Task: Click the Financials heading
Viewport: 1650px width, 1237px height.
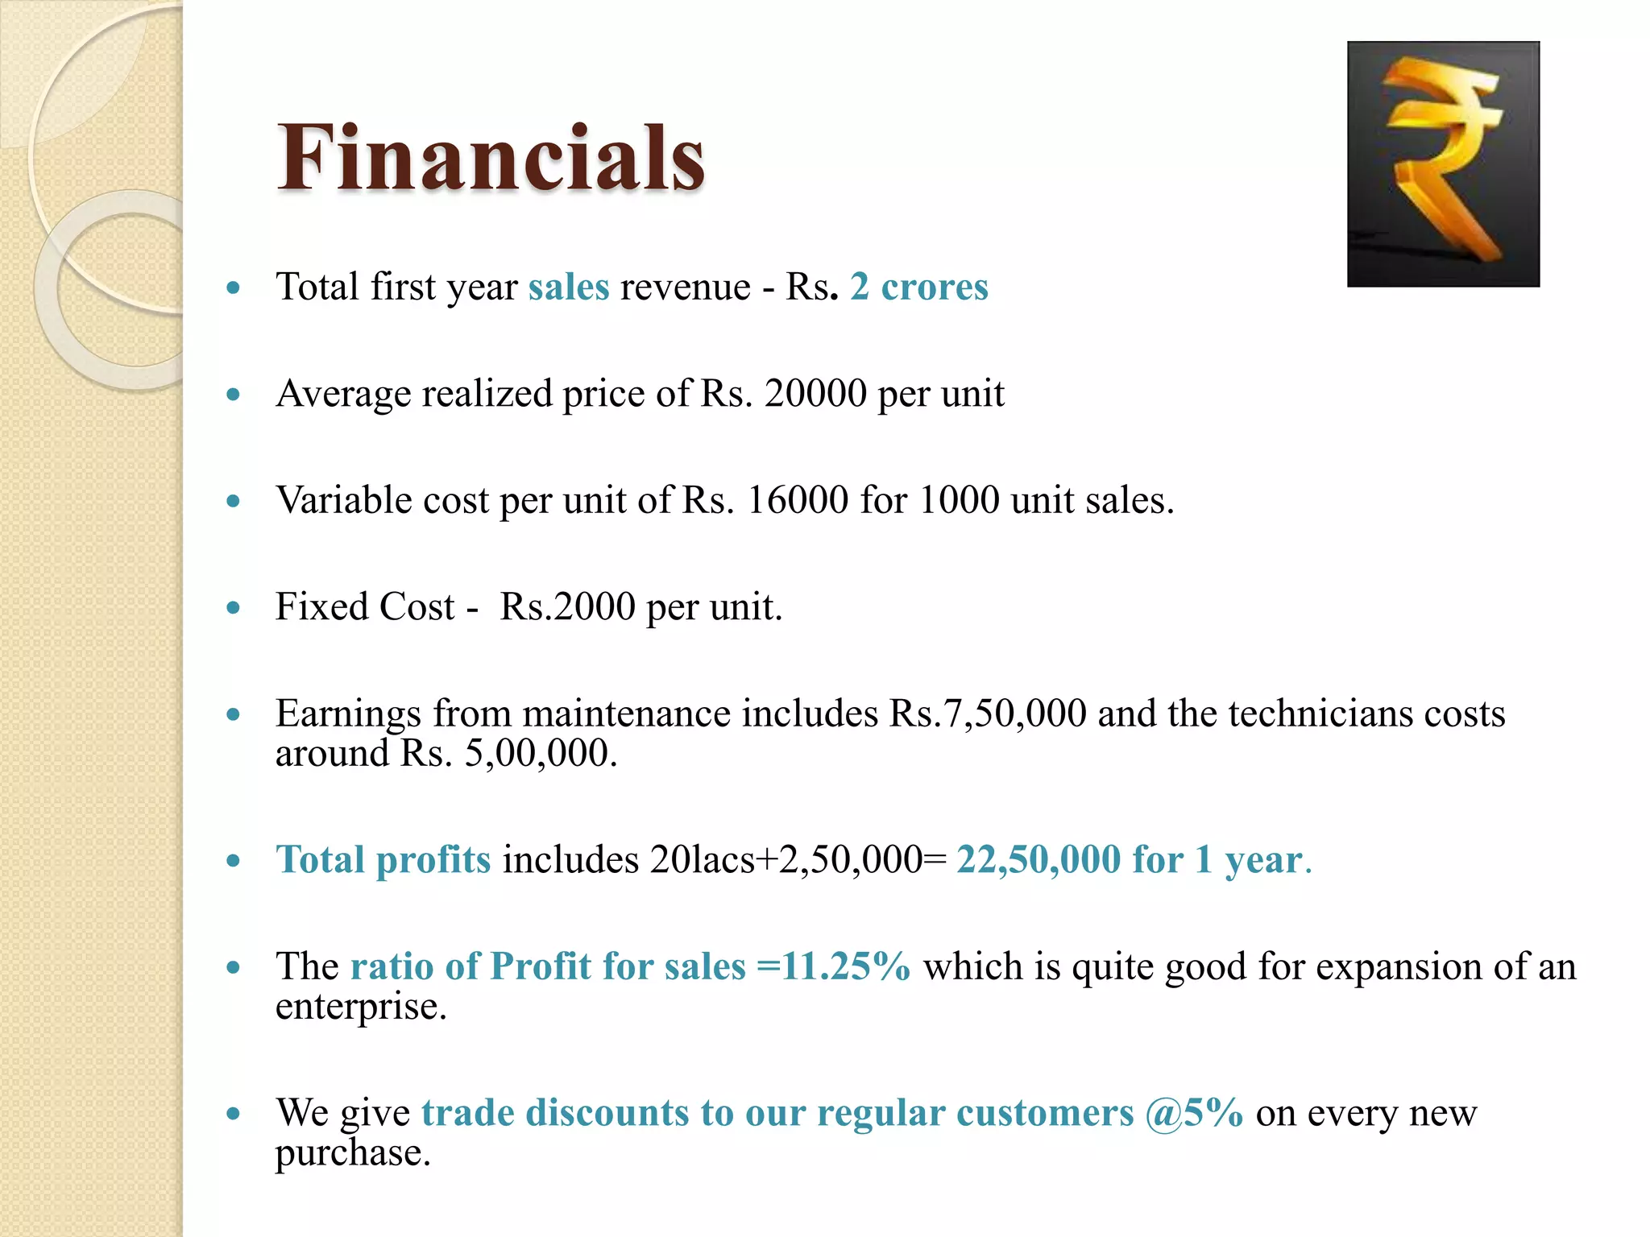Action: pyautogui.click(x=491, y=158)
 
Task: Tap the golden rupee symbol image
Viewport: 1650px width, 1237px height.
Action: pyautogui.click(x=1443, y=164)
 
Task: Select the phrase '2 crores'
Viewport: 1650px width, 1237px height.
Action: pyautogui.click(x=918, y=288)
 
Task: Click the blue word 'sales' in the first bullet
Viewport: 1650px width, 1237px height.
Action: pyautogui.click(x=569, y=288)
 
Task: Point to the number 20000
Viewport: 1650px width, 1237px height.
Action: pyautogui.click(x=815, y=395)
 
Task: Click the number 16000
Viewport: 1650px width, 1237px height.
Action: pyautogui.click(x=798, y=501)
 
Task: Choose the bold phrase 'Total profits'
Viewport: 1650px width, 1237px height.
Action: pyautogui.click(x=383, y=860)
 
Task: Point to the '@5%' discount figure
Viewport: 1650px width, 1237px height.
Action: pyautogui.click(x=1194, y=1113)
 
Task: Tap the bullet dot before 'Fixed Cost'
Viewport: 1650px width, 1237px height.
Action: pyautogui.click(x=234, y=607)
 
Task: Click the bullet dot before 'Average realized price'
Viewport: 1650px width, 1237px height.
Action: pyautogui.click(x=234, y=395)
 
